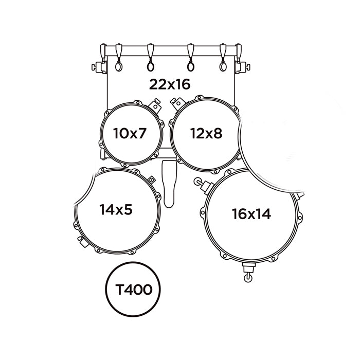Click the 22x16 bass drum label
coord(170,84)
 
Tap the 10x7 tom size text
coord(130,133)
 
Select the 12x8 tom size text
coord(206,133)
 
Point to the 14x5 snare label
coord(116,209)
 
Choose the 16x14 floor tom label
coord(251,214)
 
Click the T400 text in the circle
coord(134,290)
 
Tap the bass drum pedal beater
coord(169,184)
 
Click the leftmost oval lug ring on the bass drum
coord(119,66)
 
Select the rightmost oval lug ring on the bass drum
coord(223,66)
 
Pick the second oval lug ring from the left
coord(150,66)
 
